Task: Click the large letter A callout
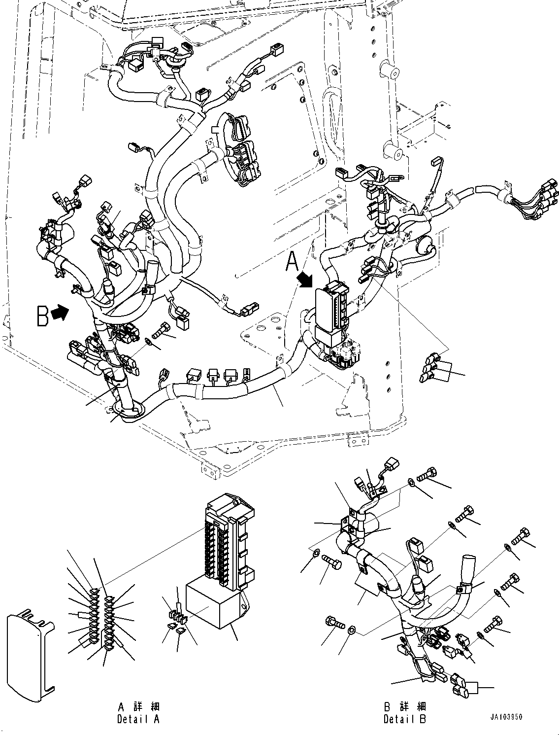(292, 262)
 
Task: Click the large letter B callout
(42, 315)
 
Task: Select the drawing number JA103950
(506, 717)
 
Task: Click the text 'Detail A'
(138, 719)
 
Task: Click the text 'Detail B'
(405, 719)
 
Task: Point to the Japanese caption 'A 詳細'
(139, 707)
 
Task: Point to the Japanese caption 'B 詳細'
(405, 706)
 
